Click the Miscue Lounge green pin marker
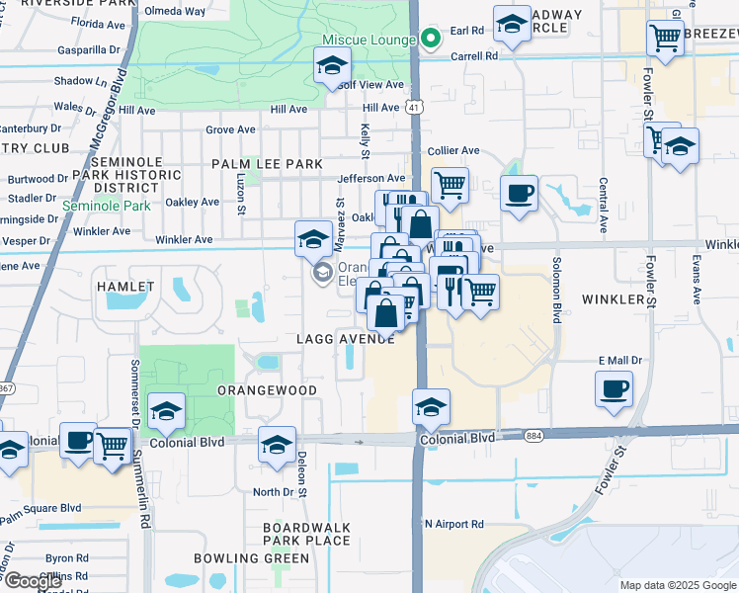pyautogui.click(x=430, y=40)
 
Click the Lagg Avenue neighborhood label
pyautogui.click(x=346, y=339)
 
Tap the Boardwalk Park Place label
pyautogui.click(x=306, y=534)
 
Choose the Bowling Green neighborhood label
pyautogui.click(x=251, y=558)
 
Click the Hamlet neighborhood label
pyautogui.click(x=125, y=287)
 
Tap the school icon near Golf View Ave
pyautogui.click(x=332, y=67)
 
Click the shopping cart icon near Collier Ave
pyautogui.click(x=450, y=183)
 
